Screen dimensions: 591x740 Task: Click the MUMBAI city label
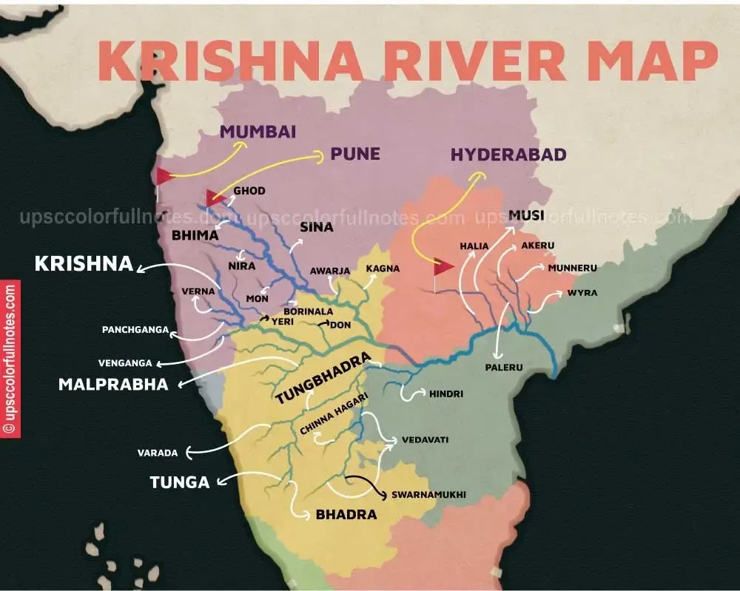(258, 132)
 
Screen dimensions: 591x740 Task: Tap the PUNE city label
(355, 154)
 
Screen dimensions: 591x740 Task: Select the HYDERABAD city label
(508, 155)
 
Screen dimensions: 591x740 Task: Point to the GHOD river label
(249, 191)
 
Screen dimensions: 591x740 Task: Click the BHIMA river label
(195, 235)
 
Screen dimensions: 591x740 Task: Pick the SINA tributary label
(317, 227)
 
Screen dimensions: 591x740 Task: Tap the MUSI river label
(526, 215)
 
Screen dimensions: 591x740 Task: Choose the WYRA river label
(582, 293)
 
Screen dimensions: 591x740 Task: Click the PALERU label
(504, 367)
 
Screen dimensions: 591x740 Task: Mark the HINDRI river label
(446, 394)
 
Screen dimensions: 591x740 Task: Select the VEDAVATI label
(425, 439)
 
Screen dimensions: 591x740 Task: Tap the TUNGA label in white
(180, 482)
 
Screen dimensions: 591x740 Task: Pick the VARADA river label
(155, 452)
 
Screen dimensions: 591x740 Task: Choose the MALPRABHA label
(113, 385)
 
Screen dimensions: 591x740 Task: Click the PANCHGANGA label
(135, 329)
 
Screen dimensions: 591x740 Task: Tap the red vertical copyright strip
(10, 359)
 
